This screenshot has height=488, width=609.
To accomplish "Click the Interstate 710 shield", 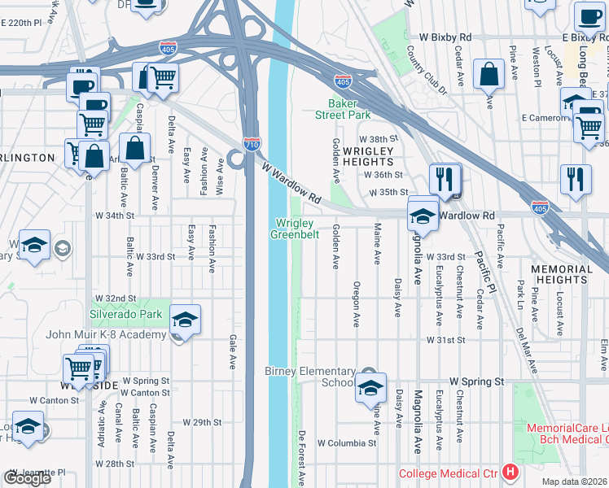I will click(x=252, y=144).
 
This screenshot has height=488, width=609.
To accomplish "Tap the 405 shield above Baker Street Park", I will click(x=343, y=81).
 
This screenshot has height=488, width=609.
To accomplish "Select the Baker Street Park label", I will click(x=348, y=109).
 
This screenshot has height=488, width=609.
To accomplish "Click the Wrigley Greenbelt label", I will click(x=294, y=229).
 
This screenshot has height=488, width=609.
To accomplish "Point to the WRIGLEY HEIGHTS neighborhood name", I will click(x=368, y=157).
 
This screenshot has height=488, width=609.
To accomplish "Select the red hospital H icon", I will click(x=510, y=472).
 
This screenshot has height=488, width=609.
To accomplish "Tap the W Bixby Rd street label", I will click(x=445, y=37).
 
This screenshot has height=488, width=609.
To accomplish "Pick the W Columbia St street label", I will click(x=347, y=443).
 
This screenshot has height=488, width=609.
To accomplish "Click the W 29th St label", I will click(x=202, y=422).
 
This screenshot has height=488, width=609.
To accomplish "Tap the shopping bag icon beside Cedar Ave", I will click(x=488, y=74).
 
